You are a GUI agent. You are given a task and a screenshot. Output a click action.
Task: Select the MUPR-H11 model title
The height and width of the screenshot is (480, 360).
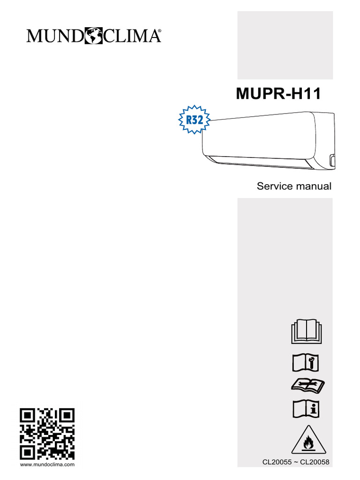278,94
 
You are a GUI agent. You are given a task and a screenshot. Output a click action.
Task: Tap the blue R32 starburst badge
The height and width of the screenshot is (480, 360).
195,119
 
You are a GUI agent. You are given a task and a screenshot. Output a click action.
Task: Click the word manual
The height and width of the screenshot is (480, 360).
314,186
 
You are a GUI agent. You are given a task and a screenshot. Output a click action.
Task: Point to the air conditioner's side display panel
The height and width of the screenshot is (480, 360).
332,160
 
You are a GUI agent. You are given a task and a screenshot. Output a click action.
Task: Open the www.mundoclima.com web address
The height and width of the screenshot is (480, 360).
47,465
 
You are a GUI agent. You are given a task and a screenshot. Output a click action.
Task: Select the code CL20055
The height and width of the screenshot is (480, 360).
277,462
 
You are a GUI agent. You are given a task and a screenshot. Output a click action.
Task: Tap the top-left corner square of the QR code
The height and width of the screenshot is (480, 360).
27,415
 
